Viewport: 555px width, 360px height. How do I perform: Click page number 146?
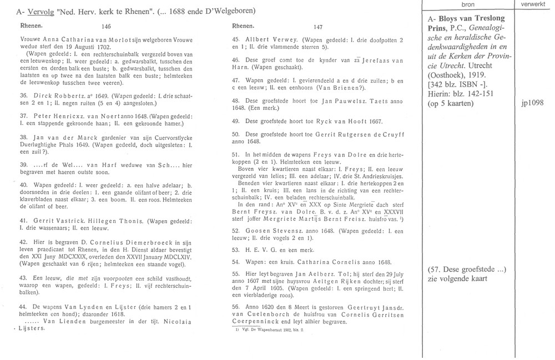pos(107,26)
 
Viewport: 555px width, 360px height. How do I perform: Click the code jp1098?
pos(532,103)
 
